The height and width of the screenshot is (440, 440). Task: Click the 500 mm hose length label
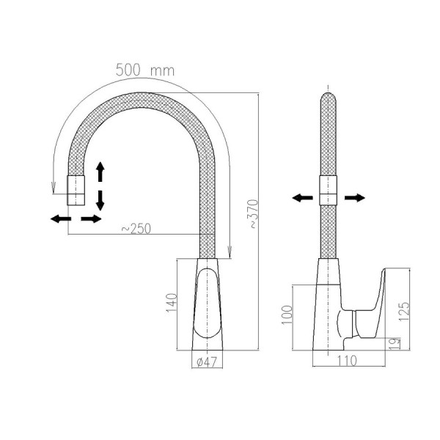coord(145,70)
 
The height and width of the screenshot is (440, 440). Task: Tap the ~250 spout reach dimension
coord(136,229)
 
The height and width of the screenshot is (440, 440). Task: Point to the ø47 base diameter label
coord(207,362)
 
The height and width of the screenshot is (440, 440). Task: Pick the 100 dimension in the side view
coord(287,315)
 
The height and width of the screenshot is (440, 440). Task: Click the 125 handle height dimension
coord(404,312)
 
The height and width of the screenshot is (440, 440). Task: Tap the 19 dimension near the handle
coord(395,343)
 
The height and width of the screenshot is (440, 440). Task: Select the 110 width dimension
coord(347,361)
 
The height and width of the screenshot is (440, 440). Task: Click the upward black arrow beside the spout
coord(100,172)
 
